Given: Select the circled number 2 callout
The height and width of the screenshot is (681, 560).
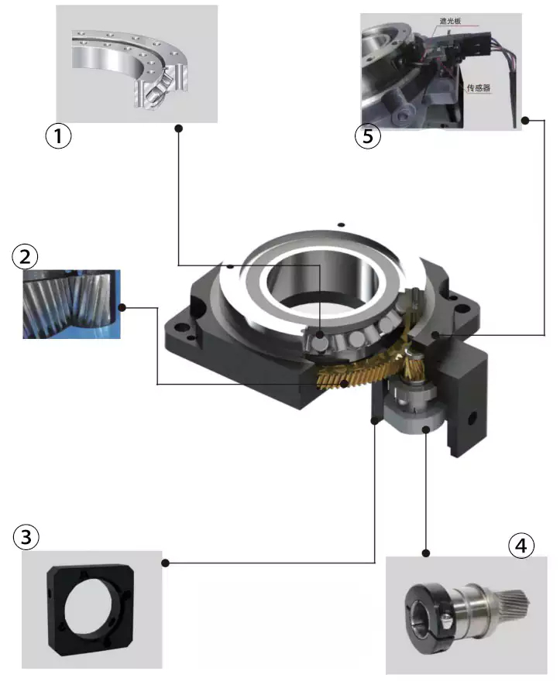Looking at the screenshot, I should (x=25, y=257).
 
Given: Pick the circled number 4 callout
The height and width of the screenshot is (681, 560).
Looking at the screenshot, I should (x=521, y=546).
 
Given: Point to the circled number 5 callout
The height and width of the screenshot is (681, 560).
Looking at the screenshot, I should (x=368, y=137).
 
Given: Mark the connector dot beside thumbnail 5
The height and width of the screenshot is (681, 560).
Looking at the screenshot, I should (x=525, y=120).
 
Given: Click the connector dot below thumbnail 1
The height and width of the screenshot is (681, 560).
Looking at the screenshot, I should (x=178, y=128).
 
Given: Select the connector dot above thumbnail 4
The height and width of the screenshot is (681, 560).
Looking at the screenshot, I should (x=425, y=553).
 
